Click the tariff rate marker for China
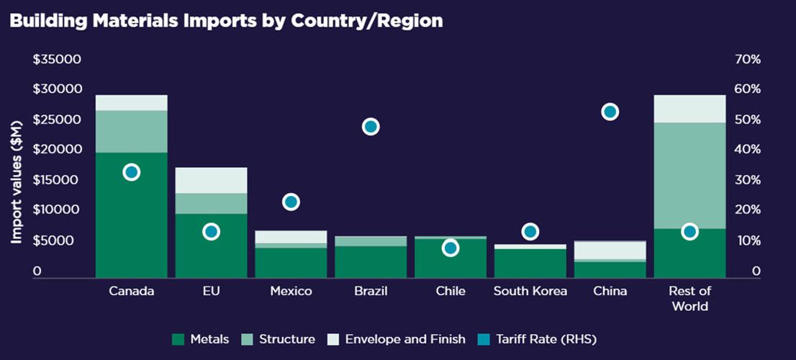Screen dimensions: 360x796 pos(610,112)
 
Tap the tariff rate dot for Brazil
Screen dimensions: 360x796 pos(371,127)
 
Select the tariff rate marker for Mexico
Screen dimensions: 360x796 pos(291,202)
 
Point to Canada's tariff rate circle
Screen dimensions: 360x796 pos(131,172)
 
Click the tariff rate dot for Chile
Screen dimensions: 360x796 pos(451,248)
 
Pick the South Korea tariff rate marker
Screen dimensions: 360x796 pos(530,231)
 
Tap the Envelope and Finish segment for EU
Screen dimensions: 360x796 pos(211,180)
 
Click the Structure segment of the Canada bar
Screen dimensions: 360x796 pos(131,131)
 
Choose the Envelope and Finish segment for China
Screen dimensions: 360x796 pos(610,250)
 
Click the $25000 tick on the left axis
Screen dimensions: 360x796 pos(57,120)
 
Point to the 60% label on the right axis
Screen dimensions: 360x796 pos(747,89)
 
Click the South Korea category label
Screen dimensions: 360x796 pos(530,292)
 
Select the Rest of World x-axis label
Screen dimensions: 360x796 pos(689,299)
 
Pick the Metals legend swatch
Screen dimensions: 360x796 pos(179,339)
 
